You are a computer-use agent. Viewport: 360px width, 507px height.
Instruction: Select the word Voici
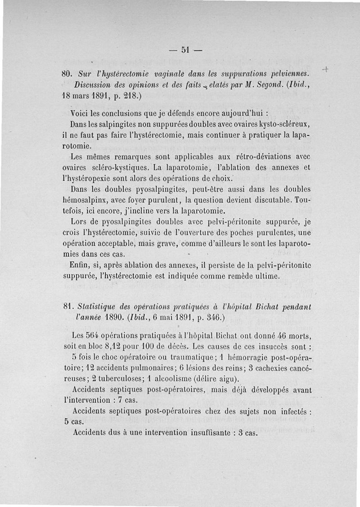[81, 112]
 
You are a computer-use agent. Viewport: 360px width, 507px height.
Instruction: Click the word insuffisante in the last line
[212, 433]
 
